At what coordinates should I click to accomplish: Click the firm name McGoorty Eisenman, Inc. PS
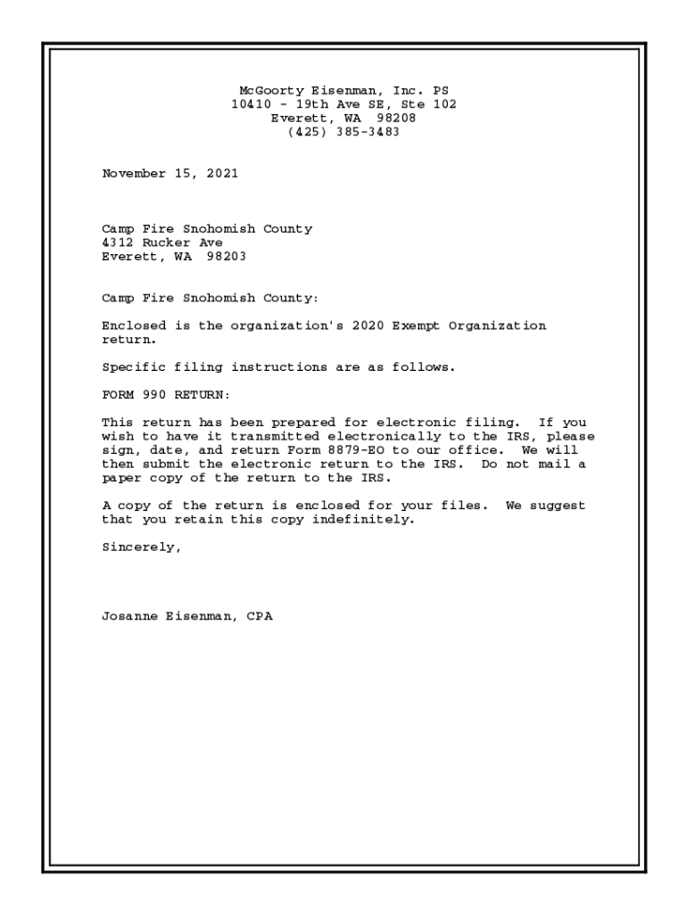point(343,91)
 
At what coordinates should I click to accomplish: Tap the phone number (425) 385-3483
point(343,131)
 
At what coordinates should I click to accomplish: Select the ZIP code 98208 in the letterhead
point(396,118)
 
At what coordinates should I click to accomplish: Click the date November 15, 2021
point(170,173)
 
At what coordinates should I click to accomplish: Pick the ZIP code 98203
point(226,256)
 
